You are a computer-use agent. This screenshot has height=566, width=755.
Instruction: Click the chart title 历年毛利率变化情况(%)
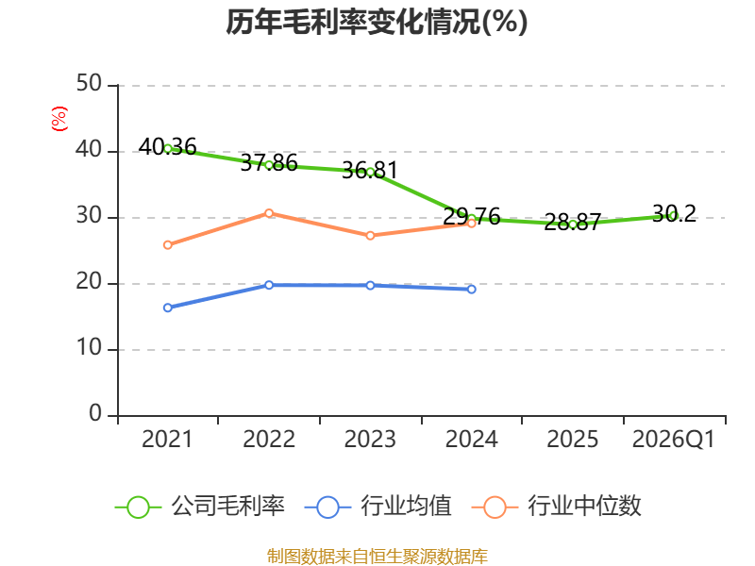click(x=377, y=23)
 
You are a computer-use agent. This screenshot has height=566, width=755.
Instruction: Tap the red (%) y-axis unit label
click(x=59, y=119)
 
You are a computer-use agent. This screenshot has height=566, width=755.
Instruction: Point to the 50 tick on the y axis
click(x=89, y=84)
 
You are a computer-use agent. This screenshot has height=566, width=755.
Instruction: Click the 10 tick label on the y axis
click(x=89, y=347)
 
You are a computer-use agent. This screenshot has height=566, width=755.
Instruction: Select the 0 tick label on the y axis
click(x=95, y=413)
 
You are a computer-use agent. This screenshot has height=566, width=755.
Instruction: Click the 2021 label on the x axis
click(x=167, y=440)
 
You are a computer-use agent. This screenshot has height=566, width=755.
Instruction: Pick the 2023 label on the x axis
click(x=370, y=440)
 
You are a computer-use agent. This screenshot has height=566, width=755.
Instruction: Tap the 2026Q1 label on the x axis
click(x=674, y=440)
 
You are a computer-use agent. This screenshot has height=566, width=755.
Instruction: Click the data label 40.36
click(x=168, y=147)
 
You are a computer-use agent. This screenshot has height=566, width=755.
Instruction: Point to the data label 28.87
click(x=573, y=222)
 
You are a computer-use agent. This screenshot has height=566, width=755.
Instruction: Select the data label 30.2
click(x=674, y=213)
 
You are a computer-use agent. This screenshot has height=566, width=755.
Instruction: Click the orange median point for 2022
click(x=269, y=213)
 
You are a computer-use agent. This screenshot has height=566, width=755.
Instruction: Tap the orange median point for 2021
click(x=168, y=245)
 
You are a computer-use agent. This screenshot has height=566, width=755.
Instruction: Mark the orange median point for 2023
click(x=370, y=235)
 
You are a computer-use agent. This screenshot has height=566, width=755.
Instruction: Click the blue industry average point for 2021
click(x=168, y=308)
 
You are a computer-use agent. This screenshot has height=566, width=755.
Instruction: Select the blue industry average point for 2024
click(x=471, y=289)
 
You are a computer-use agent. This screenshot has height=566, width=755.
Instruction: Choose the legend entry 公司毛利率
click(x=200, y=507)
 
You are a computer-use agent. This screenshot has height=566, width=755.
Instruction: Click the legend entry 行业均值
click(x=378, y=507)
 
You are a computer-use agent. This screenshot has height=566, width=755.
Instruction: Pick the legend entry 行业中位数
click(x=557, y=507)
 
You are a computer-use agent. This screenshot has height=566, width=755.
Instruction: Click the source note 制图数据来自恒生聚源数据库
click(x=377, y=557)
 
